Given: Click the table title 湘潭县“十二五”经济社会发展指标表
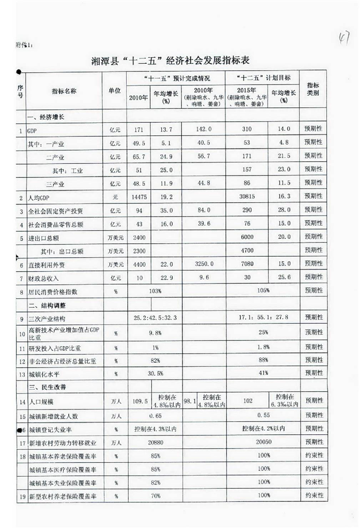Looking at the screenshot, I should [x=171, y=60].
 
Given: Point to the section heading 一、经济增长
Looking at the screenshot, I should [x=46, y=117].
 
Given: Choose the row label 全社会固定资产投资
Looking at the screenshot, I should [x=56, y=212].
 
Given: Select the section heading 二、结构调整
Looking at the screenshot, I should [x=46, y=306].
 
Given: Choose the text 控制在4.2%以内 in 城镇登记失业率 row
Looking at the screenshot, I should [x=263, y=428].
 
